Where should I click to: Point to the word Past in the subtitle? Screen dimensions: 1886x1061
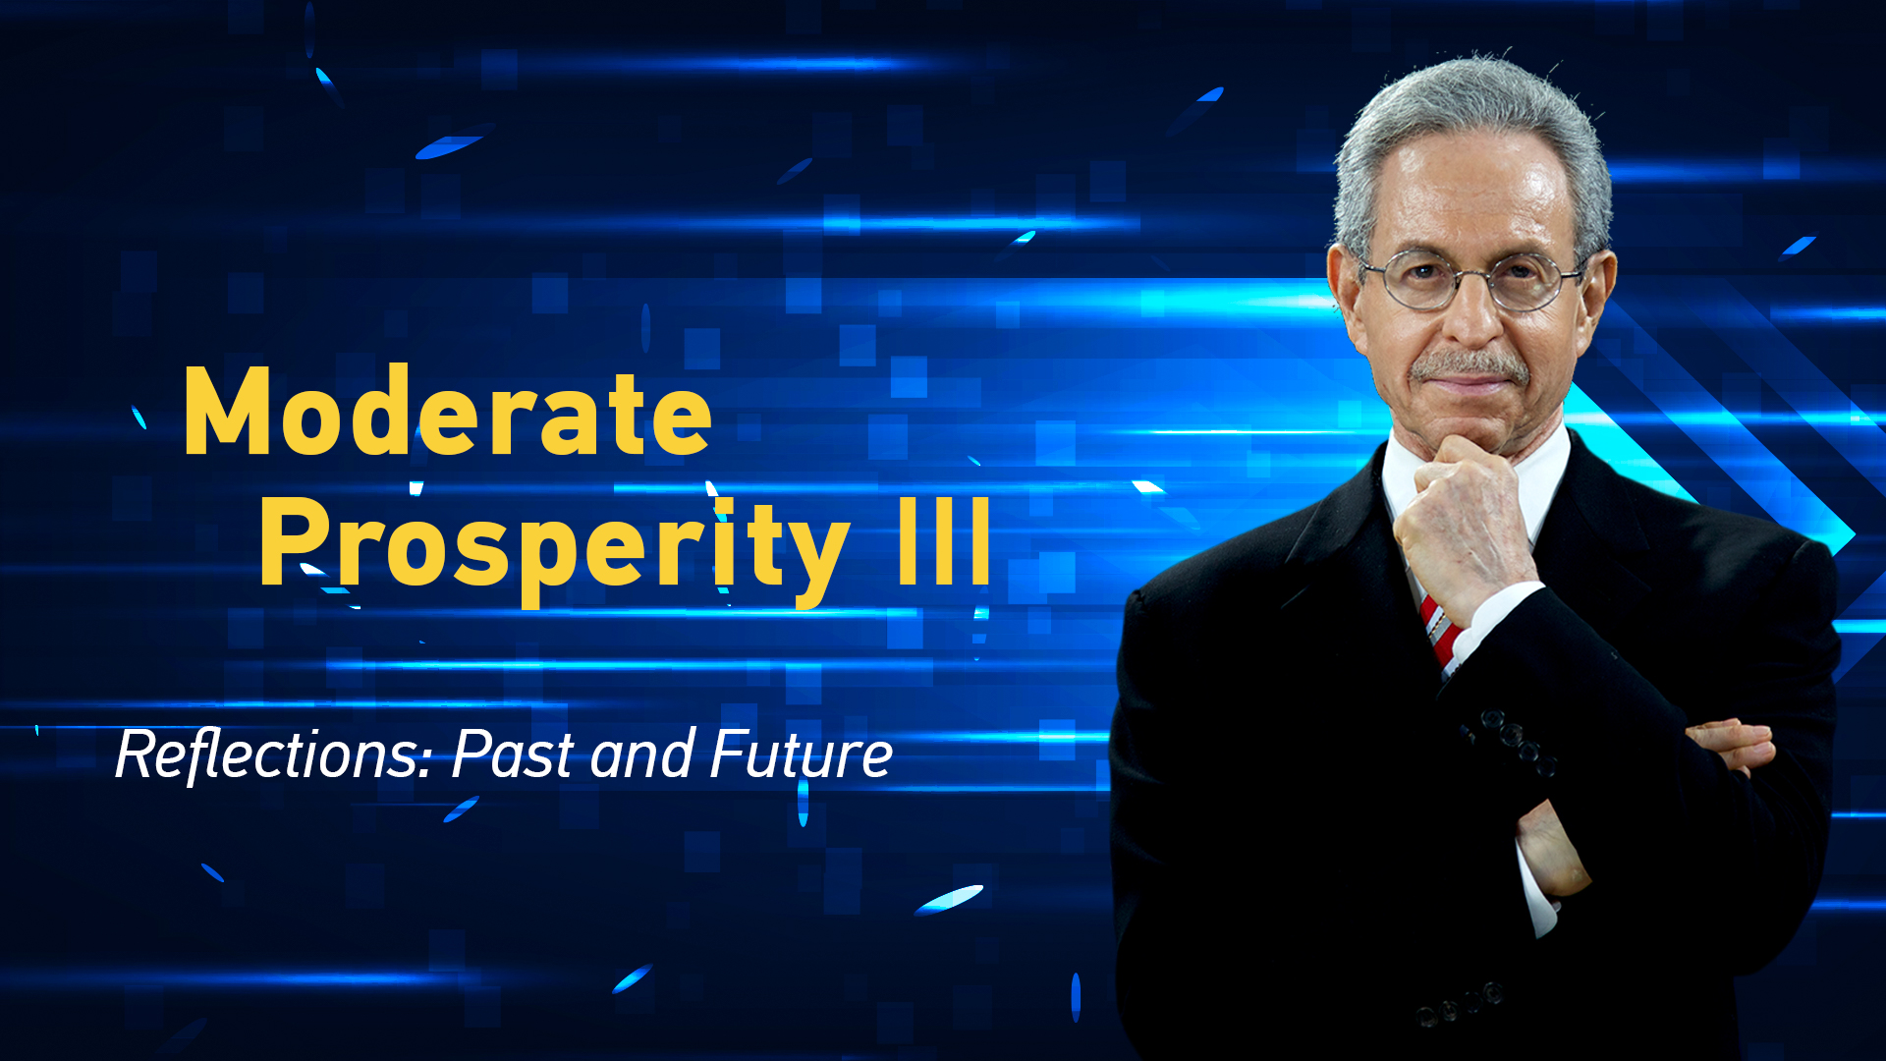click(513, 754)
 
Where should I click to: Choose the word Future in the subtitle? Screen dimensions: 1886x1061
click(801, 754)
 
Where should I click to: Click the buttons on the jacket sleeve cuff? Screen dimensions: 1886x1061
click(1513, 742)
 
